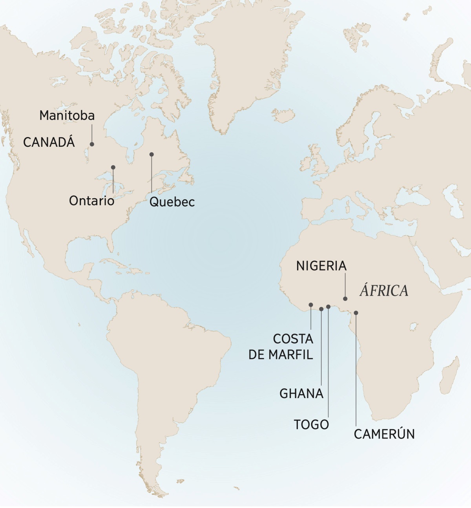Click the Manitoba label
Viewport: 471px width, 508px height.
click(67, 115)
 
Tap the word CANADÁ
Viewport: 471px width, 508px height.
click(49, 142)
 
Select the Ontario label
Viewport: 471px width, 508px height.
click(92, 201)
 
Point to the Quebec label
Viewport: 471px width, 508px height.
click(172, 202)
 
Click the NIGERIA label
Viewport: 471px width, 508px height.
click(321, 266)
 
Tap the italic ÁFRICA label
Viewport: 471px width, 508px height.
click(384, 291)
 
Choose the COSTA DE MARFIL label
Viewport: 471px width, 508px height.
click(281, 347)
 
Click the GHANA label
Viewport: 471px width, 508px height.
click(301, 393)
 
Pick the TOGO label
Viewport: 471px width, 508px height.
click(312, 424)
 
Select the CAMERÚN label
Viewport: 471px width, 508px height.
click(384, 434)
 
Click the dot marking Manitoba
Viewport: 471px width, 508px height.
click(92, 144)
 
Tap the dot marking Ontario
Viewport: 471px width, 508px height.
click(113, 167)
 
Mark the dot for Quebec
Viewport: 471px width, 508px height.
click(152, 154)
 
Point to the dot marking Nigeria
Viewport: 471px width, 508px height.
click(345, 299)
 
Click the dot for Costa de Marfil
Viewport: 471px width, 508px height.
click(311, 305)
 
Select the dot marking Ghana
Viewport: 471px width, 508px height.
click(321, 309)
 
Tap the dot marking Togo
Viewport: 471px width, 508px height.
click(328, 307)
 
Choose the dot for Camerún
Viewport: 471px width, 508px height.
click(356, 313)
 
